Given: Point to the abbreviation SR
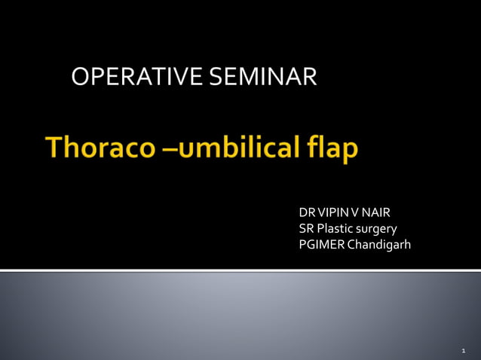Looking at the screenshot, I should [306, 229].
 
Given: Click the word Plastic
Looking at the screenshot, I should [335, 229].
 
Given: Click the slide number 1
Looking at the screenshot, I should [463, 351].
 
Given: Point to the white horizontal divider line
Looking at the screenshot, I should [240, 270].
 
